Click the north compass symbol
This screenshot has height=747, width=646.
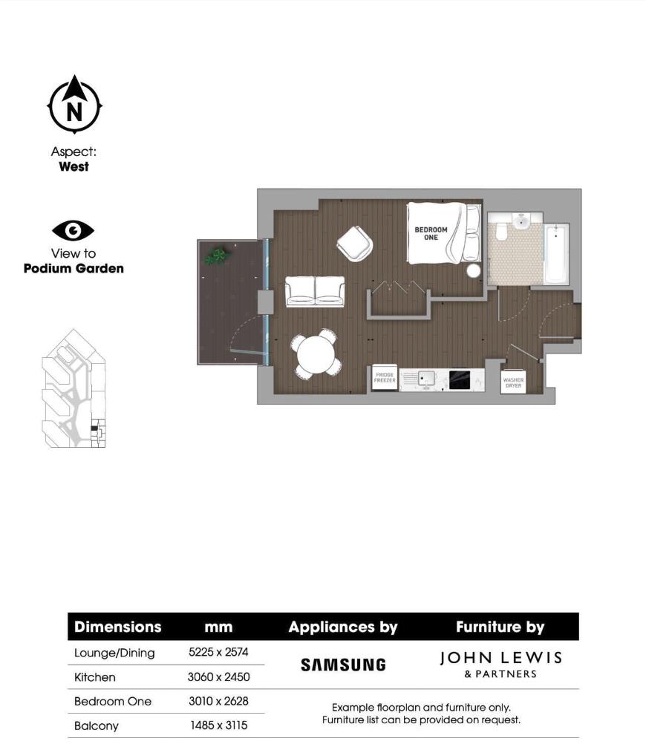[x=74, y=105]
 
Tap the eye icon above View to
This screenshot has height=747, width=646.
[x=74, y=231]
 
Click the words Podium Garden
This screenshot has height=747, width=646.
[x=74, y=268]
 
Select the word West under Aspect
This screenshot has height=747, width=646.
[x=74, y=166]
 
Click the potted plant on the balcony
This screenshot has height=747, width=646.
[x=217, y=256]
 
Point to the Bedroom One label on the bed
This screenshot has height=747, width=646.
[x=431, y=233]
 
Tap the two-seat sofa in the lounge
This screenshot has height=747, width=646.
[x=315, y=291]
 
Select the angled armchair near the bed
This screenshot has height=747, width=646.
[x=356, y=243]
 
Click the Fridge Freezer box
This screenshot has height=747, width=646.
[x=384, y=379]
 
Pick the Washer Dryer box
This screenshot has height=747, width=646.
[x=513, y=382]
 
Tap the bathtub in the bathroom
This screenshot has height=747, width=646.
[x=555, y=255]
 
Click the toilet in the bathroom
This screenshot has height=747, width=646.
[x=500, y=232]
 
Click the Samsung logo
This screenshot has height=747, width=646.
[x=343, y=665]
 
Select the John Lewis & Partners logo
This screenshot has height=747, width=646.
[x=500, y=664]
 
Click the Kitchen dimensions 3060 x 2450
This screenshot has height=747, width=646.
[x=218, y=676]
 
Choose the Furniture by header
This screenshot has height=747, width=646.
[x=500, y=627]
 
